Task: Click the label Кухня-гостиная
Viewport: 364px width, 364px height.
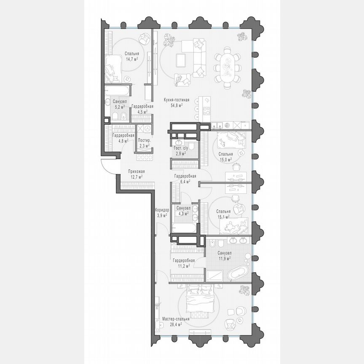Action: (x=177, y=100)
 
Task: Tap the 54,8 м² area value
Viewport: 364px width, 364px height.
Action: (x=177, y=106)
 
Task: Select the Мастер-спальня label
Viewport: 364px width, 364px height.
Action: (x=176, y=319)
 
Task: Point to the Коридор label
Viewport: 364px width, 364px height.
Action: (x=162, y=210)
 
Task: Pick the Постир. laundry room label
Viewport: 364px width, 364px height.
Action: (x=145, y=141)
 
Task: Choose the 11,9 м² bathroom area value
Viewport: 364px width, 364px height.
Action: (x=223, y=258)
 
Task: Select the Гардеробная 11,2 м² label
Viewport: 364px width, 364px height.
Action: (x=183, y=260)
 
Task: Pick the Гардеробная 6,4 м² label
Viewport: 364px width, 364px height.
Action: (x=185, y=177)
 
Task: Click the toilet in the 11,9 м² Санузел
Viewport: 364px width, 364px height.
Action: (x=213, y=244)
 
